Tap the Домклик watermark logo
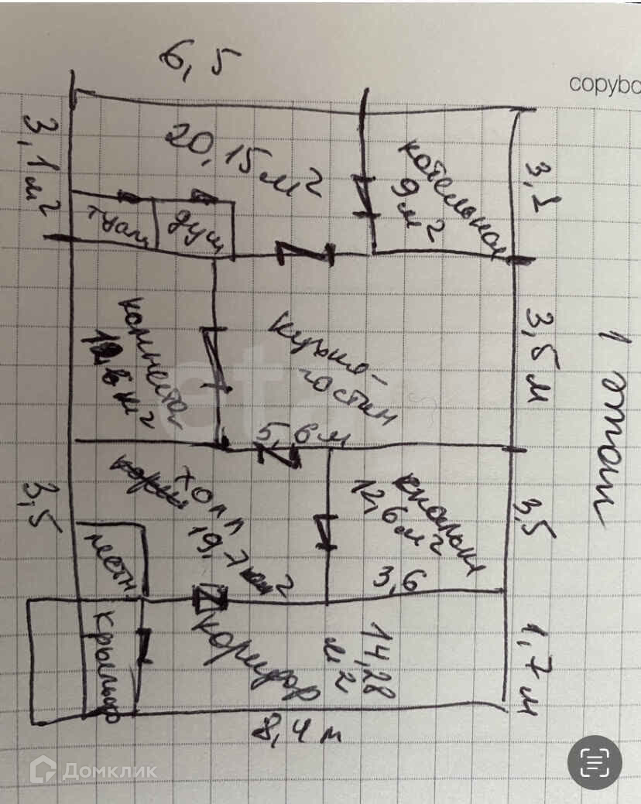[93, 770]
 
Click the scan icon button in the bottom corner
[594, 762]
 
